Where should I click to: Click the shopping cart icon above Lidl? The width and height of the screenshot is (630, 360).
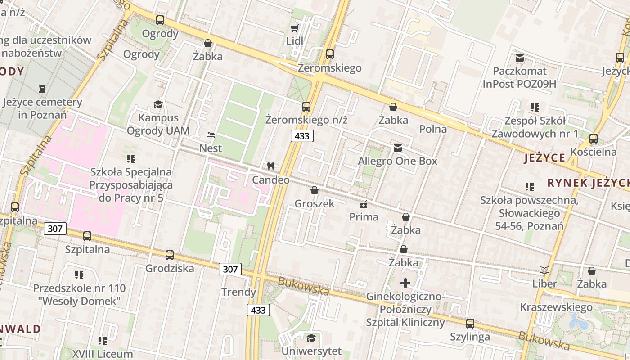point(294,28)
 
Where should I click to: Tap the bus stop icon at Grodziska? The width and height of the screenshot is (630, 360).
point(169,255)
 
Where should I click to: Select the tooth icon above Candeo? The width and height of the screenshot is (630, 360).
point(270,166)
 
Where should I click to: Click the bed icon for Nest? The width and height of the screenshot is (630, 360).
point(210,135)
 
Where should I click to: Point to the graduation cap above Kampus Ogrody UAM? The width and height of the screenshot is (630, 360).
point(158,105)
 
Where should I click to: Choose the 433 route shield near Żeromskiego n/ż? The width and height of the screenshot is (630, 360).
point(301,136)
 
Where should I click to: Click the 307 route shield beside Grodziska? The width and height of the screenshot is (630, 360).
point(230,269)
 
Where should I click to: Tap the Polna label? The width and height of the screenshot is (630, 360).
point(433,129)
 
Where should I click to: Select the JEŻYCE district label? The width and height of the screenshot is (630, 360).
point(544,158)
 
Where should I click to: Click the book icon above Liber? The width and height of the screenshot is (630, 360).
point(544,270)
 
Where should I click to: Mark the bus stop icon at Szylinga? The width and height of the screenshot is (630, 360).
point(470,323)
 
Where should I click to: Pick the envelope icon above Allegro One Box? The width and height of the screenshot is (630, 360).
point(397,148)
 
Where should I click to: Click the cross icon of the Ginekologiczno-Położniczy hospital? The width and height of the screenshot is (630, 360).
point(405,283)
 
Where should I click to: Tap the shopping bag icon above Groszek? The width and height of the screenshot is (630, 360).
point(314,190)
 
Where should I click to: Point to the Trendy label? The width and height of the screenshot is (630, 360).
point(238,292)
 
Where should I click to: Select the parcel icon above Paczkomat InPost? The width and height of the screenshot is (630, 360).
point(520,58)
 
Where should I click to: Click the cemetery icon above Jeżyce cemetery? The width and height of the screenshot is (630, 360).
point(42,89)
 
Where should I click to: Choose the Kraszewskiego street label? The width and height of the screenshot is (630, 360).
point(556,307)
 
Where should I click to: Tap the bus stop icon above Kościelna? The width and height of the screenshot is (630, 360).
point(593,139)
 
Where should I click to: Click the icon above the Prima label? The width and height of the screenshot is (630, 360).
point(364,204)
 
